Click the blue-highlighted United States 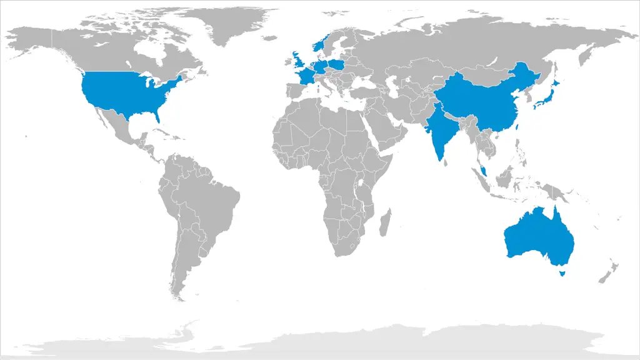click(125, 94)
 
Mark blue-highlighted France click(306, 77)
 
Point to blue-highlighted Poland click(336, 64)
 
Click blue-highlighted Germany click(321, 66)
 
